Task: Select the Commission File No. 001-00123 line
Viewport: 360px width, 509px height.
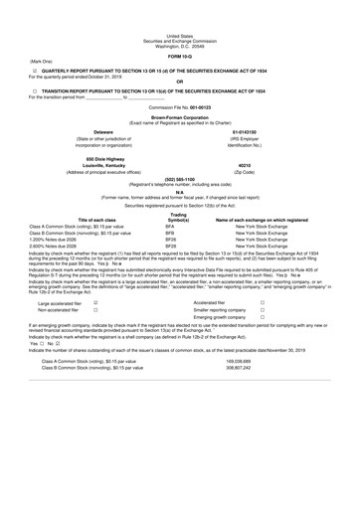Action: coord(180,105)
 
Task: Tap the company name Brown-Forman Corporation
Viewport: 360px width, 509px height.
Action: coord(180,115)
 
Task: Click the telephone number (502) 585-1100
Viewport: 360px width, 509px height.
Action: coord(180,180)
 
